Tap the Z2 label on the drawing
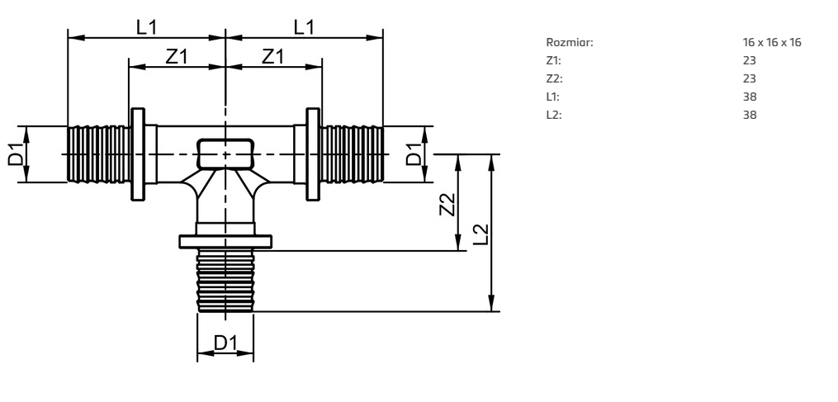click(447, 203)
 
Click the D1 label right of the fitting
click(414, 154)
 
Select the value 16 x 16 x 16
click(772, 42)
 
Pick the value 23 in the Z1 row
click(750, 60)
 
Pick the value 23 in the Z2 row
click(750, 78)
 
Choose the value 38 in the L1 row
click(750, 97)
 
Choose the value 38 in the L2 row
click(750, 115)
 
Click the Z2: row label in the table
click(553, 78)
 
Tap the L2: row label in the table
click(553, 115)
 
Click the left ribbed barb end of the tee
click(97, 154)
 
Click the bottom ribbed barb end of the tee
click(225, 281)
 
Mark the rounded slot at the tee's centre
click(225, 154)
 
